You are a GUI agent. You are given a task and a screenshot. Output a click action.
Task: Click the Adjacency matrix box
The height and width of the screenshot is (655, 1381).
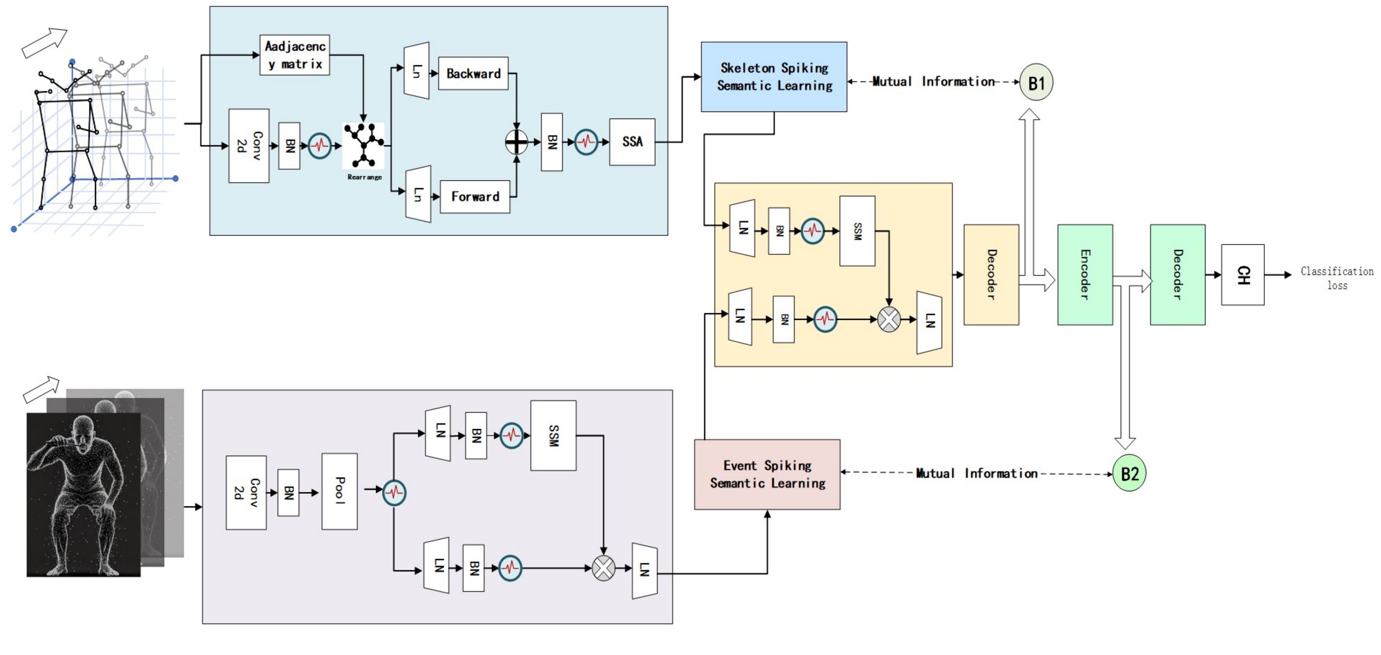[294, 55]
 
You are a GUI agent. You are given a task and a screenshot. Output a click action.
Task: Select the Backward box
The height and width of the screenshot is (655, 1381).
[473, 74]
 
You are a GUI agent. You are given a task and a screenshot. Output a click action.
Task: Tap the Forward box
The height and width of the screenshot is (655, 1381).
[475, 197]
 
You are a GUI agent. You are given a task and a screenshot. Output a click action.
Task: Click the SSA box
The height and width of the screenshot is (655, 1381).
[632, 142]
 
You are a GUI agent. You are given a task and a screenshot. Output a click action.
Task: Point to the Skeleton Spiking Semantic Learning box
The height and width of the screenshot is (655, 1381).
[774, 77]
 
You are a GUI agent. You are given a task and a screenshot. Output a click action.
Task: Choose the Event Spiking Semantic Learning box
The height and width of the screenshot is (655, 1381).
[767, 474]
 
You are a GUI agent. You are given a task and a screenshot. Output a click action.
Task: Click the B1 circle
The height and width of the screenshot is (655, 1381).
[1036, 83]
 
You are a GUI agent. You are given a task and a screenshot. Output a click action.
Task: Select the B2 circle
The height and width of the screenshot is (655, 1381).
[1129, 473]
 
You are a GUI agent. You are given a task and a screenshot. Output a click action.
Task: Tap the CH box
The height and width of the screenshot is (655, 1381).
[1243, 275]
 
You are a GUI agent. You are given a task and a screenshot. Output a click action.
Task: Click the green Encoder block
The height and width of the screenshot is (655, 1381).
[1085, 275]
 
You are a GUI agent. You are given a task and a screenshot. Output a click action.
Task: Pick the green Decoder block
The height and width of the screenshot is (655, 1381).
[1178, 275]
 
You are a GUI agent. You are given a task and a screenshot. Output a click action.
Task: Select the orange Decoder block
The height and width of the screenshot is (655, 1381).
[991, 275]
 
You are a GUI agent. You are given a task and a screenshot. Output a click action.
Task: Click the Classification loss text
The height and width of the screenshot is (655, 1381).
[1337, 278]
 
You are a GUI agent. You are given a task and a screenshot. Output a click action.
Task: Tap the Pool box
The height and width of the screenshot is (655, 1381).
[339, 492]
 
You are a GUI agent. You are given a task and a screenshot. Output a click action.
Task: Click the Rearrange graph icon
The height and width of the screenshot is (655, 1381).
[364, 145]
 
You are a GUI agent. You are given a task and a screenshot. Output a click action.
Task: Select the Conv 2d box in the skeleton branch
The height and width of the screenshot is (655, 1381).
[249, 146]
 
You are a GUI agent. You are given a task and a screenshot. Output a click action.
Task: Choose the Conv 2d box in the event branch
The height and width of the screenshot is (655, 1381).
[246, 493]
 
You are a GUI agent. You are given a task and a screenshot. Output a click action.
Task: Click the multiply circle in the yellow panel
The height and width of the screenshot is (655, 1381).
[889, 320]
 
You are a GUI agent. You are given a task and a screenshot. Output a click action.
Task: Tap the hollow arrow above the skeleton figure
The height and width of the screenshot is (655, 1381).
[44, 43]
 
